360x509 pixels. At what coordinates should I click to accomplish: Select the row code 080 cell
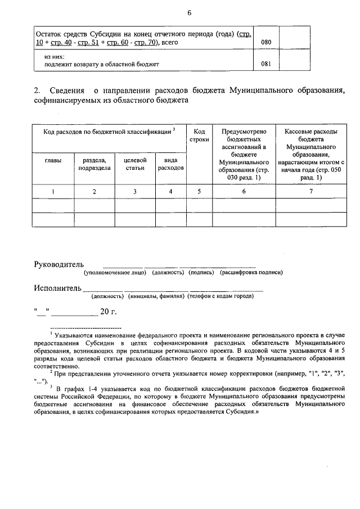pos(266,42)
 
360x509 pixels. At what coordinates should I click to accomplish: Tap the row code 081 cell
pos(266,64)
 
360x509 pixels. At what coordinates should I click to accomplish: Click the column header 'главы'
pos(53,160)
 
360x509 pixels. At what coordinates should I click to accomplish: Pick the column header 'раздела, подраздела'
pos(94,164)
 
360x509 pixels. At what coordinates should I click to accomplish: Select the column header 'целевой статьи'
pos(135,164)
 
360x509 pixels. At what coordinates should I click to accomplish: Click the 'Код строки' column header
pos(199,135)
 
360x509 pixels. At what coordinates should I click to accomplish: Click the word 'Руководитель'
pos(58,264)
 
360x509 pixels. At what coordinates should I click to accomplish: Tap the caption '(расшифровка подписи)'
pos(251,272)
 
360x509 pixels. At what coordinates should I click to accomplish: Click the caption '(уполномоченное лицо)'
pos(115,272)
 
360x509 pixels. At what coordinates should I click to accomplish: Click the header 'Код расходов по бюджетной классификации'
pos(106,132)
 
